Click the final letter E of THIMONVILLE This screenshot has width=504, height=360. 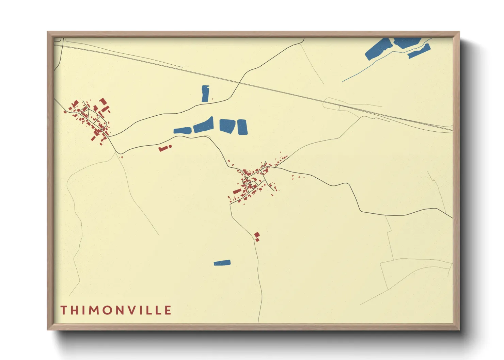click(168, 310)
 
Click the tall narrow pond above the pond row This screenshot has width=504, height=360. click(205, 94)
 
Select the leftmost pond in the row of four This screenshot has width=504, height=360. click(182, 130)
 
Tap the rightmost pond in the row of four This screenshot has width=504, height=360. click(242, 127)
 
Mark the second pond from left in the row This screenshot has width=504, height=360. click(203, 125)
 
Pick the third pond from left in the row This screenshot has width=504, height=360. click(227, 125)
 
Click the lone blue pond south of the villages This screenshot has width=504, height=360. click(222, 263)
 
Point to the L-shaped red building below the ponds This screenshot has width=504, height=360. click(164, 148)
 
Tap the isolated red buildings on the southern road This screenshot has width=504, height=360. click(257, 236)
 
